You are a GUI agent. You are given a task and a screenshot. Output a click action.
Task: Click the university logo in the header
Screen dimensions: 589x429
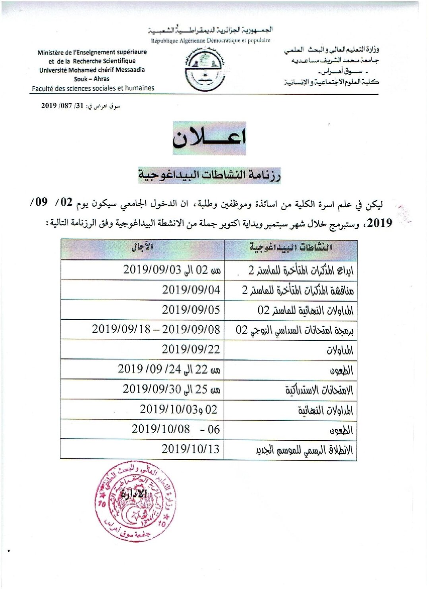205,70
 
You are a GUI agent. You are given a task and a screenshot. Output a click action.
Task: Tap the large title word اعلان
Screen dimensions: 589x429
209,138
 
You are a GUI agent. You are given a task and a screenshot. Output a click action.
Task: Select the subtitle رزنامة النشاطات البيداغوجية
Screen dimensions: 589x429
209,175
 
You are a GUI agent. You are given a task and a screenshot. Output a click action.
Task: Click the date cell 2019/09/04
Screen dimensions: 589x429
191,290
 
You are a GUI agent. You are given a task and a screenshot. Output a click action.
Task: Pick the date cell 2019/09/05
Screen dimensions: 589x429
191,310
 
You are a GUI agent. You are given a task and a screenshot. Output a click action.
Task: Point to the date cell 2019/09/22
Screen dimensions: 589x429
191,349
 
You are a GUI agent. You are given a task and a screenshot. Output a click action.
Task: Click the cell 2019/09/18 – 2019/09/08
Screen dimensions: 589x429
156,329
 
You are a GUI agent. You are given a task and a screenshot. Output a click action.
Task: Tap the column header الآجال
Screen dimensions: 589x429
142,247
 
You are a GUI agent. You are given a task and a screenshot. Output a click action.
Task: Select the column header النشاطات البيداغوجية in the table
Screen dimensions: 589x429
291,247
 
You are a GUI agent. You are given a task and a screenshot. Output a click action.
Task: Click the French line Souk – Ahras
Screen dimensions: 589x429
92,79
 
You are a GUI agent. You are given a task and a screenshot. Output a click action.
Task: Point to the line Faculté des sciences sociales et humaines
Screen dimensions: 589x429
93,88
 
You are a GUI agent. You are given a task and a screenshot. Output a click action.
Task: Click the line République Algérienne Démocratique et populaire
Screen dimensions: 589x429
211,40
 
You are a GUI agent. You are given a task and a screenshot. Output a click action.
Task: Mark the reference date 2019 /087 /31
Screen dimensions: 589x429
62,106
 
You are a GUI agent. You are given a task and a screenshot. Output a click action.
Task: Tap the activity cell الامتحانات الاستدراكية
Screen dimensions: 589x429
319,390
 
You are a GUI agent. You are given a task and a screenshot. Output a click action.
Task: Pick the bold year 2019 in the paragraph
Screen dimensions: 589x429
380,223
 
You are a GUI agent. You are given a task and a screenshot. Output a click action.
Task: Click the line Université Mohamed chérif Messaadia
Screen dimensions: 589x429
92,70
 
